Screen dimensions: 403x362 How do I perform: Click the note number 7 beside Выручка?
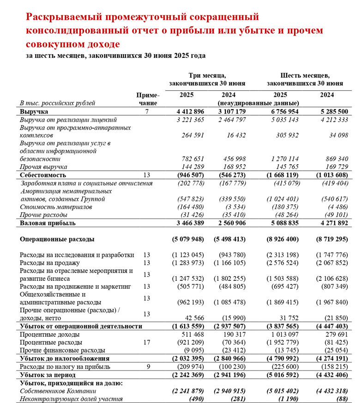pos(147,112)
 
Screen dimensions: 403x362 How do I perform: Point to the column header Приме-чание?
pos(148,99)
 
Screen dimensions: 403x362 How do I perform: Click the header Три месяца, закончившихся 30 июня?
pos(207,79)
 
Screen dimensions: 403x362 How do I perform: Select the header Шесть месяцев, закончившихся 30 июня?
pos(305,79)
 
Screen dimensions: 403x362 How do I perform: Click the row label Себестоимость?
pos(43,175)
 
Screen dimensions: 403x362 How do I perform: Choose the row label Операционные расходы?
pos(57,239)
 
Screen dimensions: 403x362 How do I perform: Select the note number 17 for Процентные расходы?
pos(147,342)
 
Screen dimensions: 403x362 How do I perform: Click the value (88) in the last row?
pos(341,399)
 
